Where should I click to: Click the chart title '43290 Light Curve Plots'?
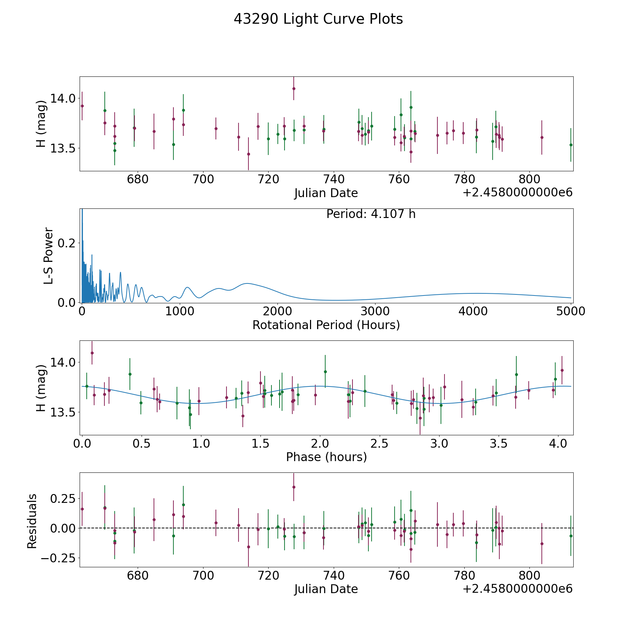tap(318, 19)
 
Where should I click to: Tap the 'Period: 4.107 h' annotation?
tap(371, 214)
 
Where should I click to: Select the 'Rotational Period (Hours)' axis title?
tap(326, 325)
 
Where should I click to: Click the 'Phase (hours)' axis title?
tap(326, 457)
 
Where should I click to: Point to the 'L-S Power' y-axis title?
tap(48, 256)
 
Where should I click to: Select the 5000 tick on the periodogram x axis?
tap(571, 311)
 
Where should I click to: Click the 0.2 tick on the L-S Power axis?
tap(67, 243)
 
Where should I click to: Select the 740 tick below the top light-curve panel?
tap(334, 180)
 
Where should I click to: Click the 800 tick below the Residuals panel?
tap(529, 576)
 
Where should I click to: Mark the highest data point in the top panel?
tap(294, 88)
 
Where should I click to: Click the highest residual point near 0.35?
tap(294, 487)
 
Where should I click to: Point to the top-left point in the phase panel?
tap(92, 353)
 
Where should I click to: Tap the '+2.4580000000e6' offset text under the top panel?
tap(517, 193)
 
